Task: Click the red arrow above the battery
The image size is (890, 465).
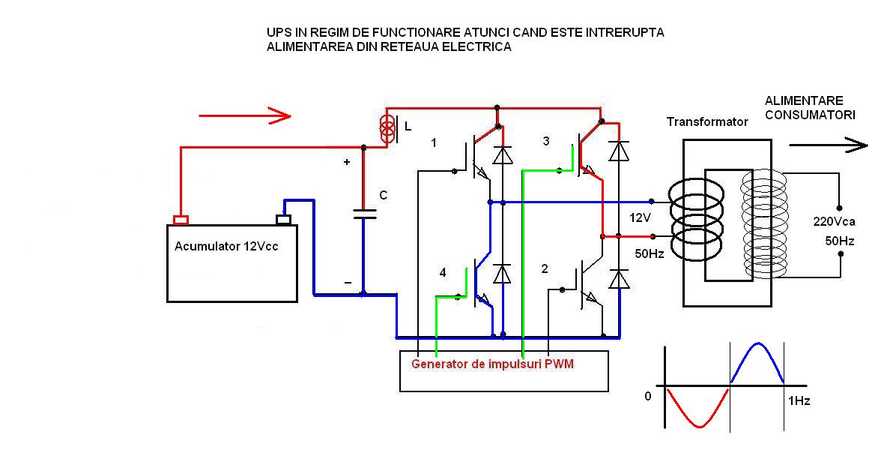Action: click(244, 115)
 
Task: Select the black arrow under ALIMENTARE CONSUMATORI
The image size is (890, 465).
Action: click(828, 145)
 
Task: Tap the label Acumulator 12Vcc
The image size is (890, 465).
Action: click(226, 246)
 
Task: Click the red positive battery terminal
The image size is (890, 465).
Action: click(181, 220)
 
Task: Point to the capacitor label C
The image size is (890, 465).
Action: click(383, 196)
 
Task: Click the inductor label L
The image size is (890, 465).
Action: click(408, 127)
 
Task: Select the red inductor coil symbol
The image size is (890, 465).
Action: click(387, 127)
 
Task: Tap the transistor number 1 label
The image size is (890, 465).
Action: click(434, 142)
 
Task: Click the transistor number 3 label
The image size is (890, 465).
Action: click(546, 141)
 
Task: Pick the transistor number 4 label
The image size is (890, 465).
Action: click(443, 273)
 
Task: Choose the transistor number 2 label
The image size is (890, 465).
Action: click(545, 269)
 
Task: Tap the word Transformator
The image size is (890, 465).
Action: click(707, 121)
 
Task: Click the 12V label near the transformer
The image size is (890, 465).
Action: click(641, 217)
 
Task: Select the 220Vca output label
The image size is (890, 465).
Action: click(835, 221)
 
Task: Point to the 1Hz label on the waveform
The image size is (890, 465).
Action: click(799, 401)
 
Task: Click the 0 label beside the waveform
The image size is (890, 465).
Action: click(648, 396)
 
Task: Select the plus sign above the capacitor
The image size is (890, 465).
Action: click(347, 162)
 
